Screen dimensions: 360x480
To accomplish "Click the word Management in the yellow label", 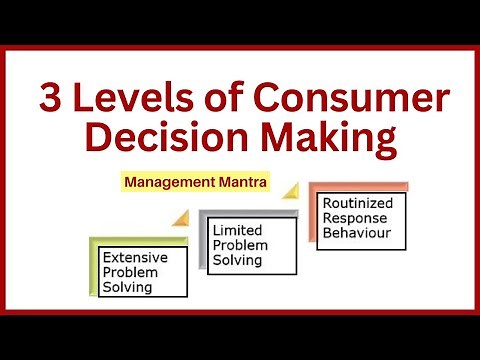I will [166, 183].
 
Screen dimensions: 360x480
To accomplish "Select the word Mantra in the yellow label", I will [233, 183].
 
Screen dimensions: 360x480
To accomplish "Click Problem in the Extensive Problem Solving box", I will [130, 272].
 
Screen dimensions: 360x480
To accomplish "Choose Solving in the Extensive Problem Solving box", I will [127, 287].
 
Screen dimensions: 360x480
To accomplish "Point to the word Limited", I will [237, 231].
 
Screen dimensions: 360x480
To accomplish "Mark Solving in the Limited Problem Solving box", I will [237, 260].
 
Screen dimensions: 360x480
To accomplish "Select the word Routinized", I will [358, 203].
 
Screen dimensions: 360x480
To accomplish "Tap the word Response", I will [353, 219].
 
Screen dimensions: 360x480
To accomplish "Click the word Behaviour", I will [356, 235].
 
